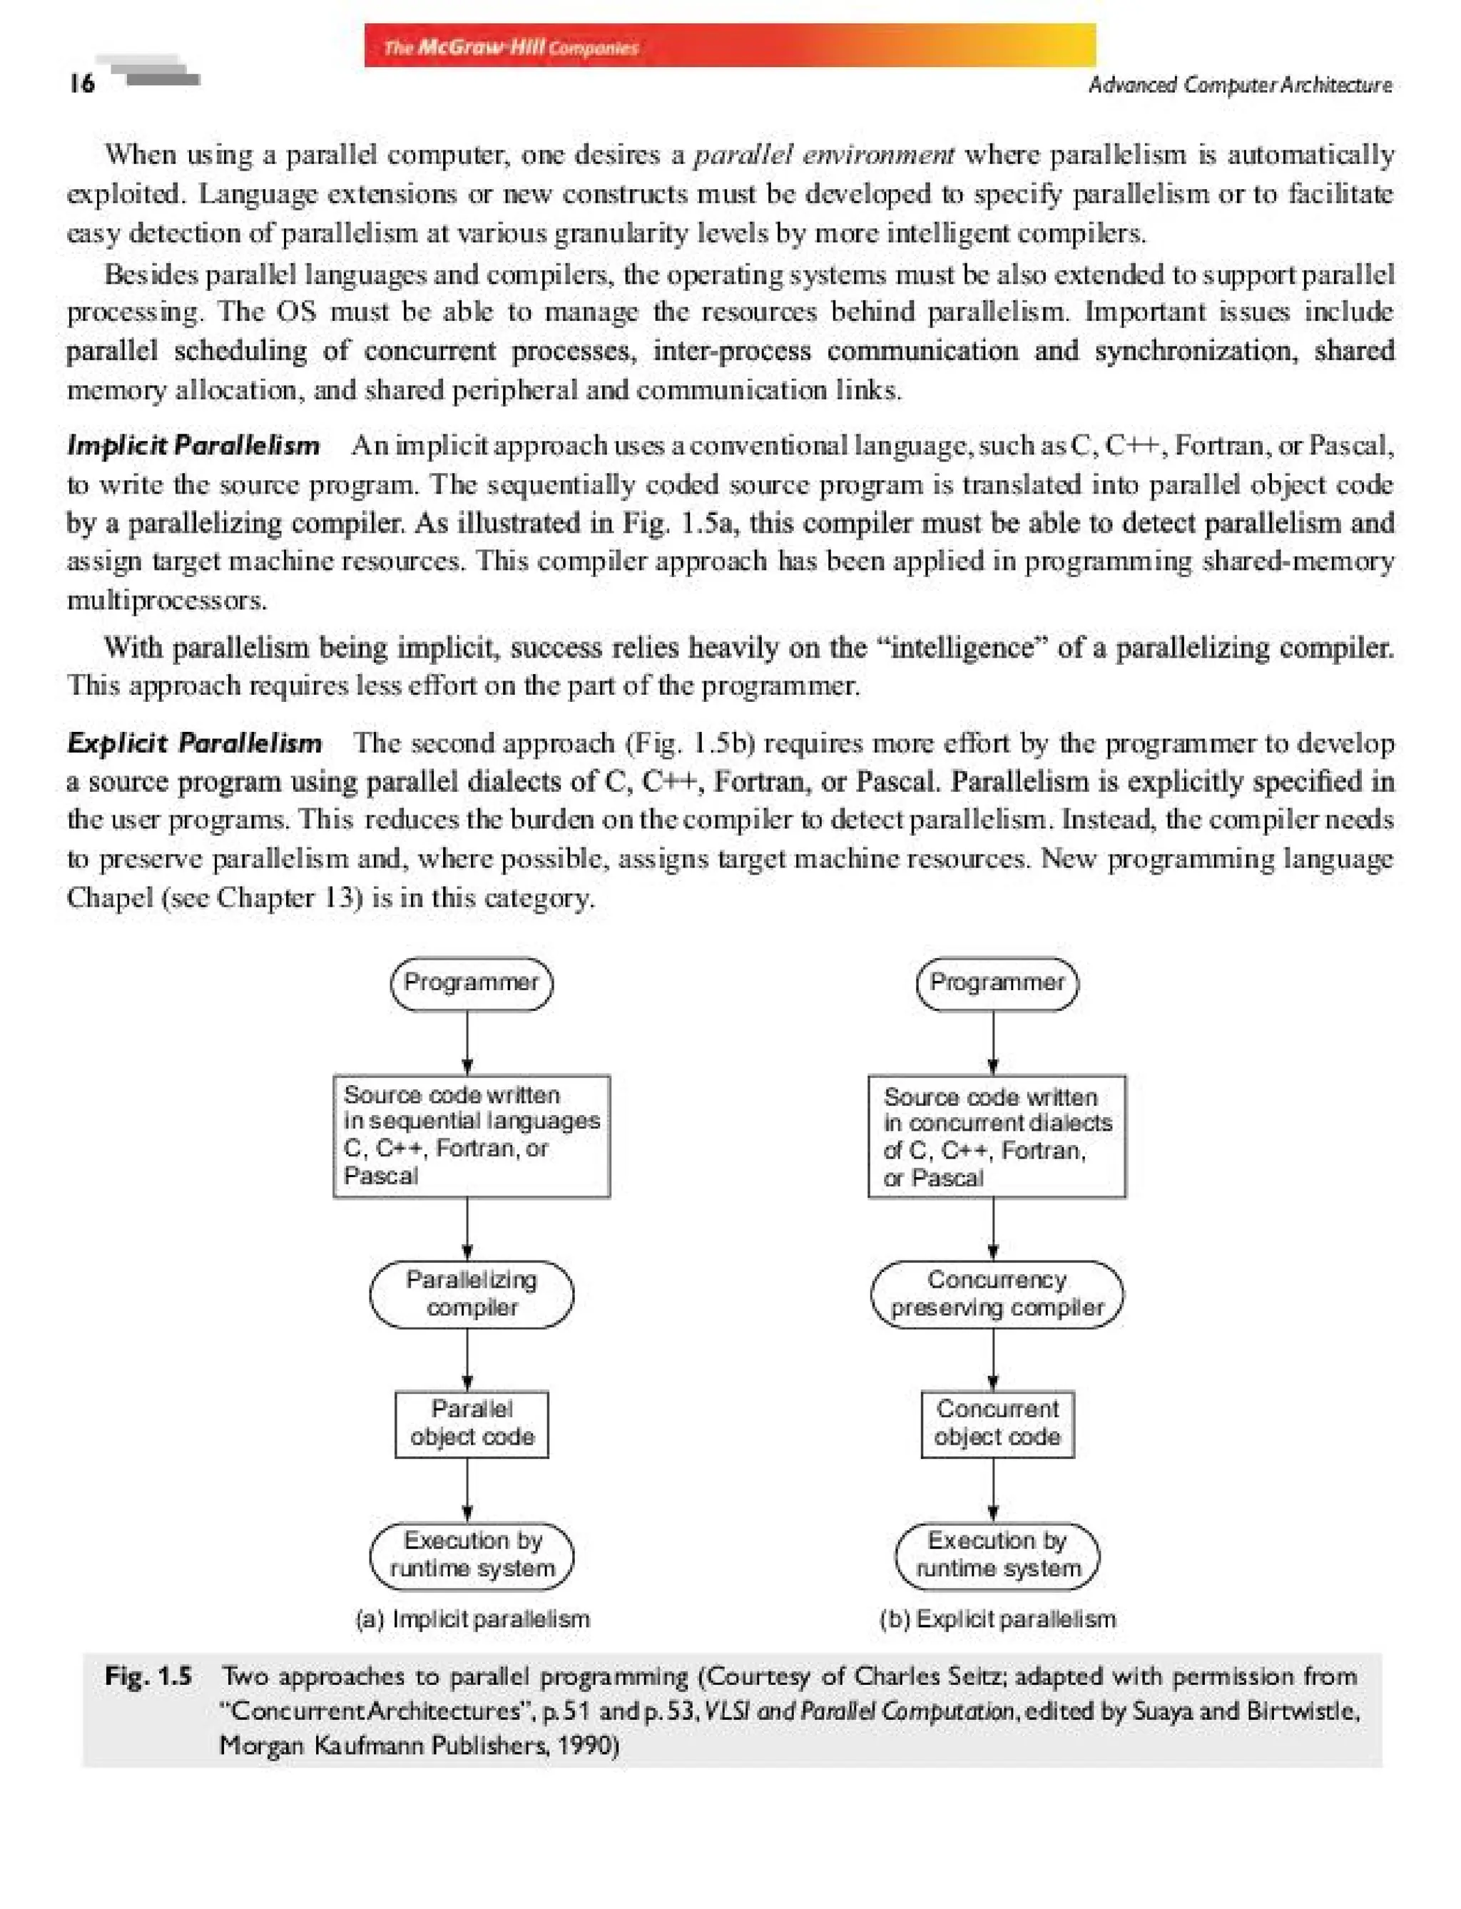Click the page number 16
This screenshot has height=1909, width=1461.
(x=82, y=83)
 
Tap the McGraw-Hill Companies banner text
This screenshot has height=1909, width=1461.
(x=511, y=47)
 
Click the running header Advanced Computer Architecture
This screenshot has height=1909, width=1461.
(x=1239, y=84)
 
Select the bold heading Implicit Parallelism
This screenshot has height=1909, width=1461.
(x=193, y=445)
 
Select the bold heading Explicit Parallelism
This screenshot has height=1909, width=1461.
(x=194, y=743)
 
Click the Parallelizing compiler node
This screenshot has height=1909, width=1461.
(x=472, y=1293)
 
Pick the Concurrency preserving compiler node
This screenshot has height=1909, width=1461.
(x=997, y=1293)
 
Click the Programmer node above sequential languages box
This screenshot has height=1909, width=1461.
(x=472, y=983)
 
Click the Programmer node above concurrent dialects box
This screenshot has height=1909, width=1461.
(x=997, y=983)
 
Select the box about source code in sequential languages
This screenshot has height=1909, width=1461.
(x=472, y=1135)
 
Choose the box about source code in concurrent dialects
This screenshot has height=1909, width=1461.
(x=997, y=1136)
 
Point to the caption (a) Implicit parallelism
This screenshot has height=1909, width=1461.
(x=472, y=1619)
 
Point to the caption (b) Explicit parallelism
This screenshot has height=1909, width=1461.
(x=997, y=1619)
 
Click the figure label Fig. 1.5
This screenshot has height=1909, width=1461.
(x=148, y=1676)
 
